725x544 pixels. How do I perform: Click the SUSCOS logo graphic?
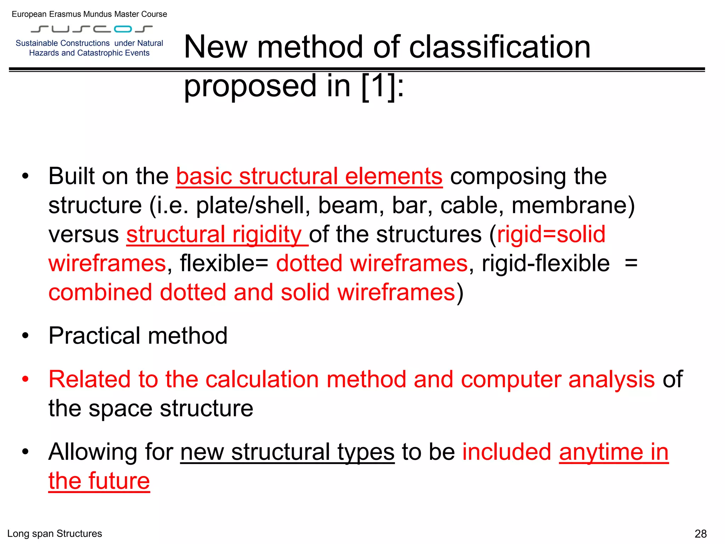[92, 29]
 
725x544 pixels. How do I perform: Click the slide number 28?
[701, 534]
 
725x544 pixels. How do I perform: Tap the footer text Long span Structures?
[55, 534]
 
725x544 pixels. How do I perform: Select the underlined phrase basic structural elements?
[309, 176]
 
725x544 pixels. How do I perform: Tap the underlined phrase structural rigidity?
[217, 234]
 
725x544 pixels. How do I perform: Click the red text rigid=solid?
[551, 234]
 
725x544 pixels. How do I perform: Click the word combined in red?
[100, 293]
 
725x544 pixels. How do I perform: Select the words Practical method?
[138, 336]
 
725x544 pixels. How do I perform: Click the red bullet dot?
[25, 379]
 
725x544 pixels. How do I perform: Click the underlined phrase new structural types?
[287, 452]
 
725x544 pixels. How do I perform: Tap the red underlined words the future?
[99, 481]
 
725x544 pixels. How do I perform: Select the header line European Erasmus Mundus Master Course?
[89, 14]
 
